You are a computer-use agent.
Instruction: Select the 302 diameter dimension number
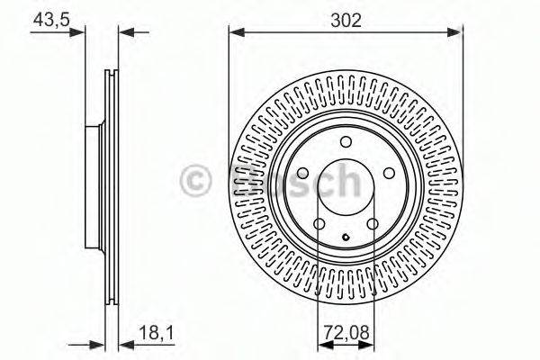(345, 19)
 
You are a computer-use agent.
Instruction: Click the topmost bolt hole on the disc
(346, 142)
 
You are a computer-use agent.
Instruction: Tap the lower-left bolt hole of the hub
(319, 225)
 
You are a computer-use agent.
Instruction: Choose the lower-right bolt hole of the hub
(373, 225)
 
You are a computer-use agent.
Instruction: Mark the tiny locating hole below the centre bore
(346, 238)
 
